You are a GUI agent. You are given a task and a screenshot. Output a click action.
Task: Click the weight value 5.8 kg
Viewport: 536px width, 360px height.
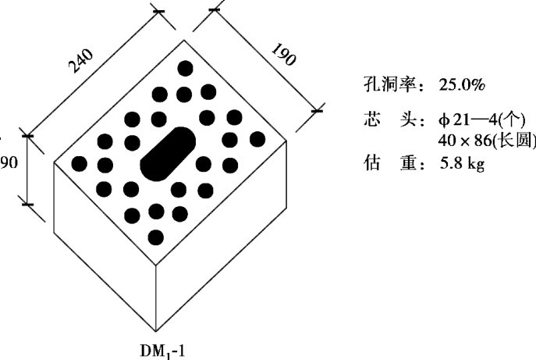(463, 165)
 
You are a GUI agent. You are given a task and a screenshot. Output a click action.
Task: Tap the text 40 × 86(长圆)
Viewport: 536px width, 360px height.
(487, 141)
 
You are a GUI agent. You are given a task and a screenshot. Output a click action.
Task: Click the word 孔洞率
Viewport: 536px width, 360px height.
(389, 83)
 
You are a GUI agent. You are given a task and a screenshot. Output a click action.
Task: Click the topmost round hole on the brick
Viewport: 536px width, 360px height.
(185, 68)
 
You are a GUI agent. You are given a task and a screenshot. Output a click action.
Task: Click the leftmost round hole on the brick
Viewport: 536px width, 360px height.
(79, 164)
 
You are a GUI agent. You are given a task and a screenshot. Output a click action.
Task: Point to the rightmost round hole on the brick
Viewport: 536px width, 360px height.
(257, 139)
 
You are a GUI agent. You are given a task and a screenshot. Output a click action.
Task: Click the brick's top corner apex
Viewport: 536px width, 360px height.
(185, 40)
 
